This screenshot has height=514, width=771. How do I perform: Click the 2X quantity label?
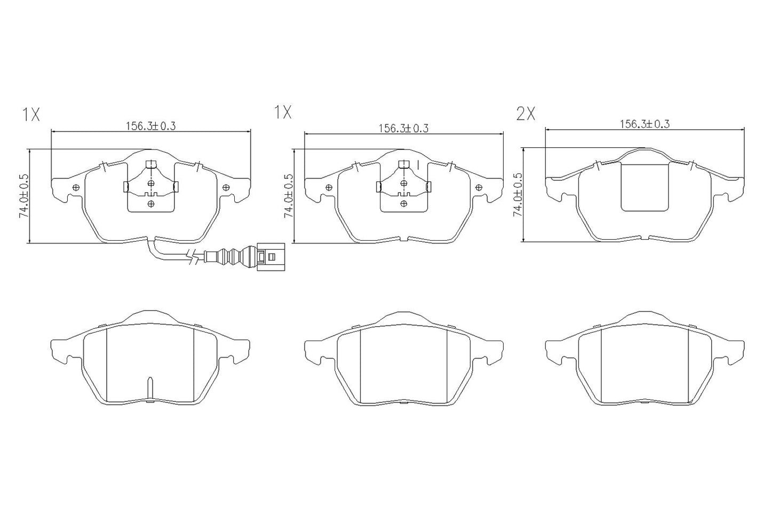tap(525, 114)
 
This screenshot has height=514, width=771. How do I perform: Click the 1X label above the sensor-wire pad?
tap(31, 114)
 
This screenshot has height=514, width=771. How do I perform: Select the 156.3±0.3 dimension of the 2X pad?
tap(644, 124)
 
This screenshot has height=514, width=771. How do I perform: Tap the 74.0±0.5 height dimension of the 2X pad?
tap(517, 194)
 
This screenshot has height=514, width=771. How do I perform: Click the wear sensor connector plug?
tap(271, 256)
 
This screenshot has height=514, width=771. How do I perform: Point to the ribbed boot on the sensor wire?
tap(231, 256)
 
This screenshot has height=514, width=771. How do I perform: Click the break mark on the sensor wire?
tap(195, 258)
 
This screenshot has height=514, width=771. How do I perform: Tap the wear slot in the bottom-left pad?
tap(150, 388)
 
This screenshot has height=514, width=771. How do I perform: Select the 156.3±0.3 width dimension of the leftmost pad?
tap(150, 126)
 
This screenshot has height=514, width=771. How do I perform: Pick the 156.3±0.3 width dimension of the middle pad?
tap(403, 128)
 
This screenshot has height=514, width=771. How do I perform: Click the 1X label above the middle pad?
tap(283, 112)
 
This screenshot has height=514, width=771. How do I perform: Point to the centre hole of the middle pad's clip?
tap(404, 184)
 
